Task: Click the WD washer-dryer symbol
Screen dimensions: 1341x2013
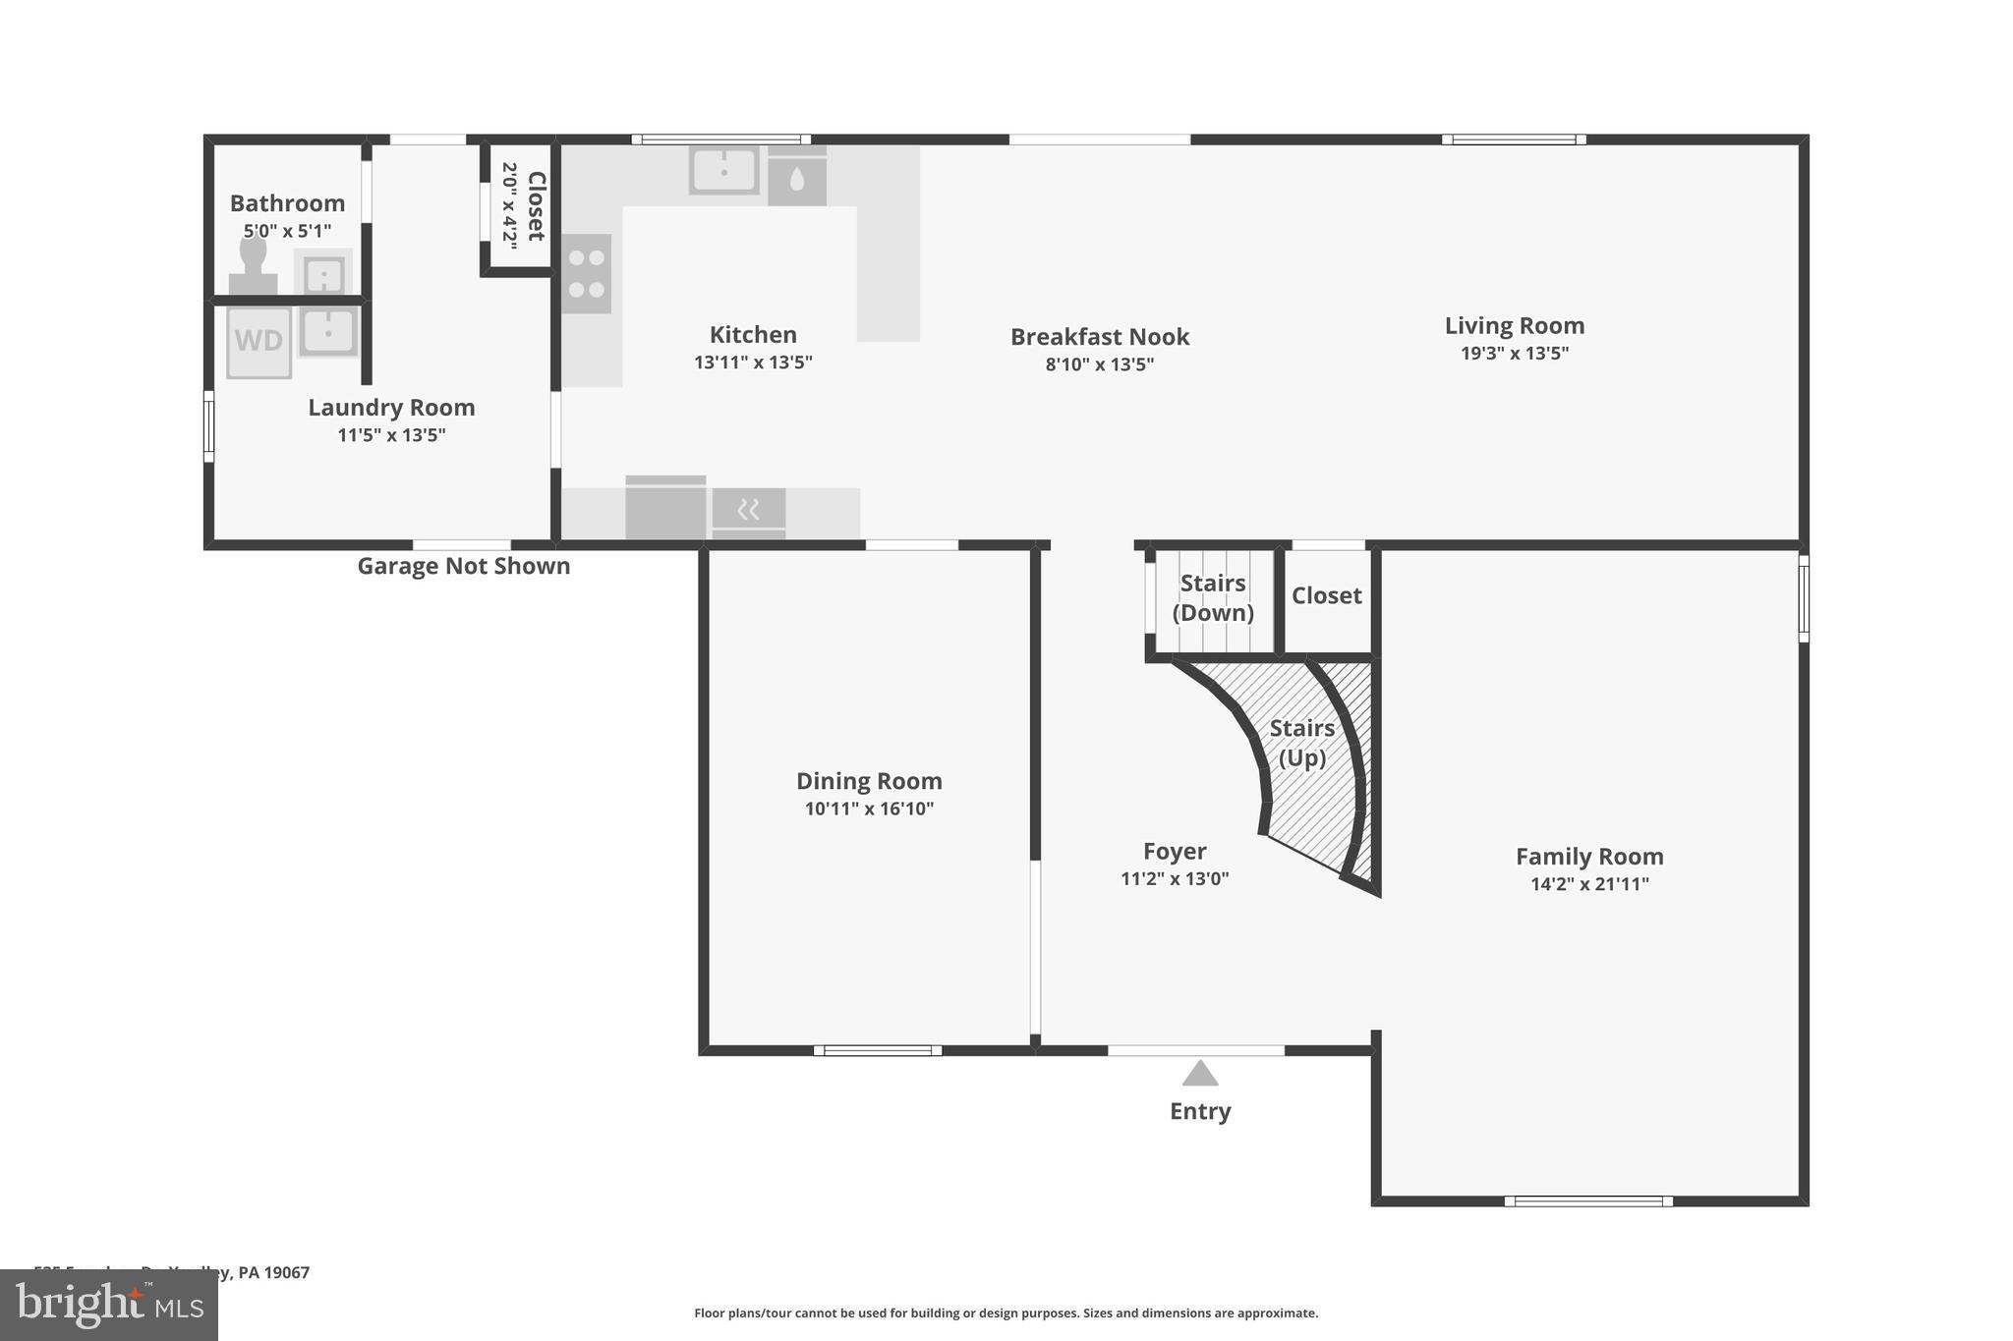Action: click(259, 342)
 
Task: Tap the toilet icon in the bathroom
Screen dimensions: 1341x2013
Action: click(253, 264)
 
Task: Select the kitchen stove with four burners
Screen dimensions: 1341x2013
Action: click(587, 274)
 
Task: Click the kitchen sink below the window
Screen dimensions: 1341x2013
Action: click(724, 171)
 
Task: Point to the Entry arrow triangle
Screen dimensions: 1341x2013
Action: click(1199, 1074)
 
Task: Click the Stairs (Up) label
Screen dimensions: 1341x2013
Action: click(1301, 743)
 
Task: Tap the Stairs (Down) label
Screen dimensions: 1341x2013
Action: click(1213, 597)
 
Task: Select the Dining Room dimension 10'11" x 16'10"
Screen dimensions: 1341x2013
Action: click(869, 809)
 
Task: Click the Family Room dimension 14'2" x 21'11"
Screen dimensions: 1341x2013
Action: click(1589, 883)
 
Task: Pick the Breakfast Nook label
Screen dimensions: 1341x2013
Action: click(1100, 337)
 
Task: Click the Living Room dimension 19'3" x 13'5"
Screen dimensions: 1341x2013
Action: click(1514, 353)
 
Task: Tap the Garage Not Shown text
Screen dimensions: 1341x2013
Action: click(463, 566)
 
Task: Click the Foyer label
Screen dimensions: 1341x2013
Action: click(1175, 851)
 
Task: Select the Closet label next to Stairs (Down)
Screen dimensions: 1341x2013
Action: click(1326, 595)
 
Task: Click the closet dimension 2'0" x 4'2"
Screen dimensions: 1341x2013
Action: click(509, 205)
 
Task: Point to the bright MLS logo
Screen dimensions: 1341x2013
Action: click(109, 1305)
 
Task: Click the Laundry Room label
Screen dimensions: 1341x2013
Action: click(391, 407)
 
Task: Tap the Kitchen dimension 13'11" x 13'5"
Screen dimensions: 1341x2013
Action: click(753, 362)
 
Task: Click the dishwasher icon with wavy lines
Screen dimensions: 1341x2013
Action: click(749, 510)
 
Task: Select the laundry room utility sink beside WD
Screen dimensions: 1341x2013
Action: click(328, 330)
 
